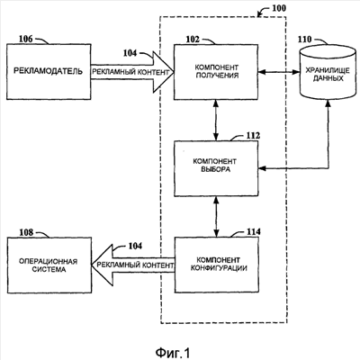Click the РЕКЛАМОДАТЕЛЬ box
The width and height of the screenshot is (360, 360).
[x=49, y=72]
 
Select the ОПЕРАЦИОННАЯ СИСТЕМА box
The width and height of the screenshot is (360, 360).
[x=49, y=265]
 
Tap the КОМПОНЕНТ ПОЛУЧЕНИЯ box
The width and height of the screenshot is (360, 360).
[x=216, y=72]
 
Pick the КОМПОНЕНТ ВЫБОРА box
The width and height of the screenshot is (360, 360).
[x=216, y=168]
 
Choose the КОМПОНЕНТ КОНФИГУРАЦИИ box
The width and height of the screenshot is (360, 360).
[x=217, y=265]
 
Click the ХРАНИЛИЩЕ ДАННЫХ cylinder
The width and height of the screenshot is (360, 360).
[x=328, y=72]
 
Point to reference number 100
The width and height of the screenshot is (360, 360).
[x=279, y=8]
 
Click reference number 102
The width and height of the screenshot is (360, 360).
[x=193, y=40]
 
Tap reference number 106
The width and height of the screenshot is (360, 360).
[x=26, y=39]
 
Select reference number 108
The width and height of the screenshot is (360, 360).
[x=26, y=232]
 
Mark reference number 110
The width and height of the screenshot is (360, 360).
[x=304, y=40]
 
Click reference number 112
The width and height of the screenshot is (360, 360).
[x=253, y=136]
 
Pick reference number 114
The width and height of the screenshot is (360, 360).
[x=254, y=232]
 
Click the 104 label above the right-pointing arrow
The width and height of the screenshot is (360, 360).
[x=130, y=53]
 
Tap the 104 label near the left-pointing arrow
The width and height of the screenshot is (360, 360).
[x=135, y=246]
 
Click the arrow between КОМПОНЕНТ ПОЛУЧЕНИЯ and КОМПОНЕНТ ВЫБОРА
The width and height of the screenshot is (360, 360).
[x=216, y=121]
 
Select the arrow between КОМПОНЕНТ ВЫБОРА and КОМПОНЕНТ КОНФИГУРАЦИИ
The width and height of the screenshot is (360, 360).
[x=216, y=217]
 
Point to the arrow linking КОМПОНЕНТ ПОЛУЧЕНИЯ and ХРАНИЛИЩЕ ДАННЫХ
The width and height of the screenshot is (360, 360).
[x=279, y=72]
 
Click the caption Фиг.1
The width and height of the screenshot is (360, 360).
[x=173, y=353]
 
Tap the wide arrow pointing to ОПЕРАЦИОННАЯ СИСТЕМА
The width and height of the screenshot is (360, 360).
[x=133, y=265]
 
